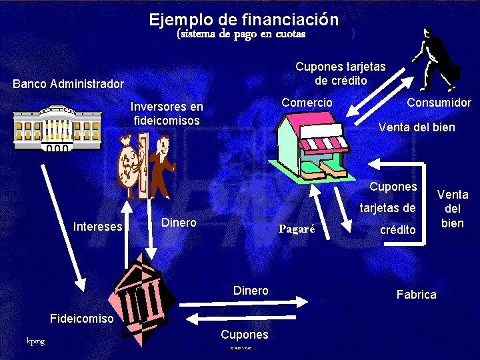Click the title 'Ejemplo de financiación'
coord(243,19)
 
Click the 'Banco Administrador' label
coord(68,84)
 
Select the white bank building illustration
coord(57,128)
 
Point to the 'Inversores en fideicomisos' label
coord(167,113)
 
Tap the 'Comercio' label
coord(307,102)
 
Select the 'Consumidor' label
coord(439,102)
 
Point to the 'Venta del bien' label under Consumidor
coord(417,127)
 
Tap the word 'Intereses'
coord(98,227)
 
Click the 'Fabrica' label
coord(416,294)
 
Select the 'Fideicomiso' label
coord(82,319)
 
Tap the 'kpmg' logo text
coord(35,341)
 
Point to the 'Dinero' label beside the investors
coord(179,223)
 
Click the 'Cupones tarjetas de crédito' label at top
coord(340,73)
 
